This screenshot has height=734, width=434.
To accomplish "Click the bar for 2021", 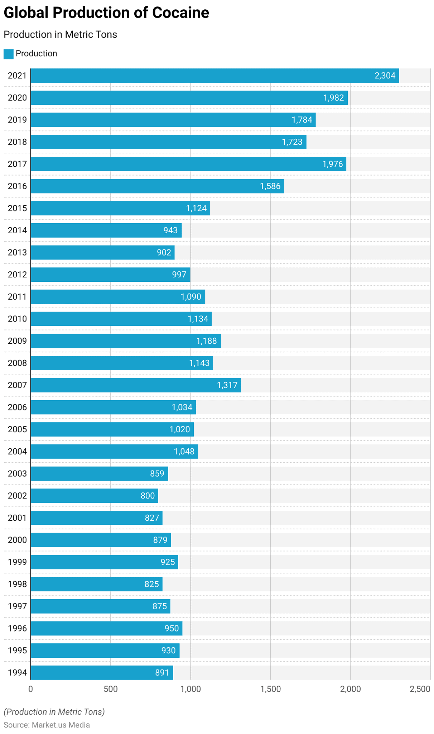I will click(215, 76).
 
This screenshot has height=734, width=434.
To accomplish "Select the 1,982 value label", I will click(333, 98).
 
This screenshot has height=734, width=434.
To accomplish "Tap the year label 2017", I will click(17, 164).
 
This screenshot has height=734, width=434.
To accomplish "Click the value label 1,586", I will click(270, 186).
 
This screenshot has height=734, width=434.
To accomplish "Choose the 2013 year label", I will click(17, 253).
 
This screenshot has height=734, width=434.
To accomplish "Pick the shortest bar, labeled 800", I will click(94, 496).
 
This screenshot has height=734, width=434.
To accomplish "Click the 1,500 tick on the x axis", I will click(270, 689).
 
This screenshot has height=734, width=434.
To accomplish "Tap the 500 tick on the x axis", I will click(110, 689).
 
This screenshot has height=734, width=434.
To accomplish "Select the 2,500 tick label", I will click(420, 689).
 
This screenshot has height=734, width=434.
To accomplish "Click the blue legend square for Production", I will click(9, 54).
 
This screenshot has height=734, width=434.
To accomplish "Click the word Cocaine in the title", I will click(180, 13).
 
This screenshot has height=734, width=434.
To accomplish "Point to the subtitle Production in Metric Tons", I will click(60, 34).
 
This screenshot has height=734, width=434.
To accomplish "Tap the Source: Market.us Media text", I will click(47, 725).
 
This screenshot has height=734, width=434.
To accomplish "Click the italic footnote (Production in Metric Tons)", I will click(54, 712).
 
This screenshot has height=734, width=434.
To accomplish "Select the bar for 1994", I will click(102, 673).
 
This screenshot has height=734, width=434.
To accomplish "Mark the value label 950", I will click(172, 628).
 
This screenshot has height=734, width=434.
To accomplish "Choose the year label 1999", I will click(17, 562).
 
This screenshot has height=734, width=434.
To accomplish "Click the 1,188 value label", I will click(206, 341).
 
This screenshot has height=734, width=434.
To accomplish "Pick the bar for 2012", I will click(110, 275).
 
